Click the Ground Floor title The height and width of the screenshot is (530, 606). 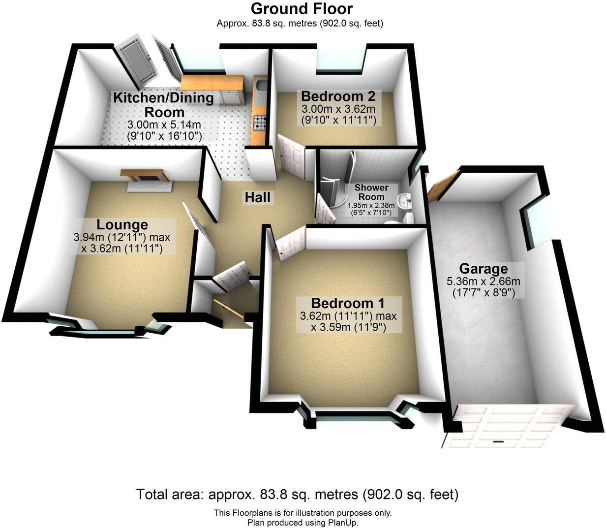coord(302,8)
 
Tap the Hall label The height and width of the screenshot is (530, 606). coord(258,197)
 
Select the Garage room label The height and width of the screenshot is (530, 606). coord(483,269)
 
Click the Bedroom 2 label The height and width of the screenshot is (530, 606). coord(338,95)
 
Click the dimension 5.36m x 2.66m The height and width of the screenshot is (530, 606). coord(483,281)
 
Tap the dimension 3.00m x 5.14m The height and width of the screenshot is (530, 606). coord(164,125)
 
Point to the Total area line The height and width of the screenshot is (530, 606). coord(297,494)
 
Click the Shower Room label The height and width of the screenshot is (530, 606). coord(371,192)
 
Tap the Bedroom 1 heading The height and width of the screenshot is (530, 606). coord(348,303)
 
